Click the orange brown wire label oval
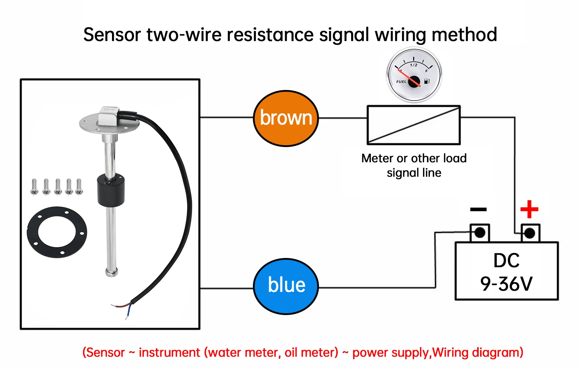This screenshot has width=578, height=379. pos(286,119)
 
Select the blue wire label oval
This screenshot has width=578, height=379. pos(286,287)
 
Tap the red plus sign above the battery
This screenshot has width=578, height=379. pos(529,209)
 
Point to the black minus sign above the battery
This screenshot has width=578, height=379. pos(478,209)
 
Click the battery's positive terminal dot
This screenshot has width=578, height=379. pos(530,233)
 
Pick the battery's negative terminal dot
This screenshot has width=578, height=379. pos(480,233)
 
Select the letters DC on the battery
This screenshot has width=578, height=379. pos(506,260)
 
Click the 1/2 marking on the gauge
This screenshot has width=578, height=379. pos(414,65)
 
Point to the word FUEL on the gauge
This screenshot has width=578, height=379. pos(401,82)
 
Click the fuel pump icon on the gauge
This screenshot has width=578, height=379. pos(427,81)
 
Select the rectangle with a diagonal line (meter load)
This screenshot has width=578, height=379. pos(414,125)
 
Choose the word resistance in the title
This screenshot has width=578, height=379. pos(270,35)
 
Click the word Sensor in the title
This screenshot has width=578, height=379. pos(112,35)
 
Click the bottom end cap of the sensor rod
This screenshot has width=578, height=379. pos(112,272)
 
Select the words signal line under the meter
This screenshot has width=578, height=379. pos(414,173)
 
